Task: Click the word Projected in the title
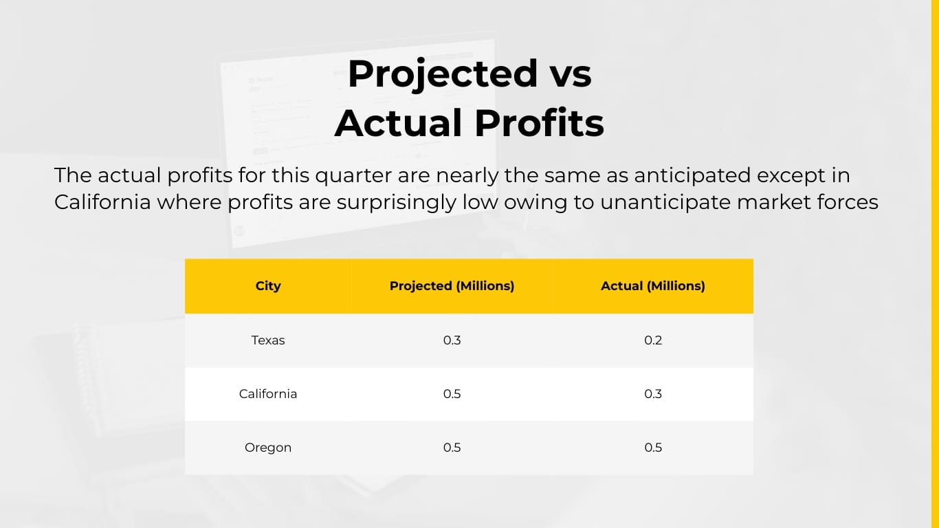point(442,74)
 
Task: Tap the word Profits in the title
point(539,123)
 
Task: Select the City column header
point(268,286)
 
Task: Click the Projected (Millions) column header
point(452,286)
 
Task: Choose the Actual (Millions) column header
point(653,286)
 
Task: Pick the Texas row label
point(268,340)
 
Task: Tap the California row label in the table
point(268,394)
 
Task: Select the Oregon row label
point(268,448)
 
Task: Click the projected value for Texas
point(452,340)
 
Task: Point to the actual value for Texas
point(653,340)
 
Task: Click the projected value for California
point(452,394)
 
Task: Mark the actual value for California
point(653,394)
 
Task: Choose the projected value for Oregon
point(452,448)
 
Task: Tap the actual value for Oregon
point(653,448)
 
